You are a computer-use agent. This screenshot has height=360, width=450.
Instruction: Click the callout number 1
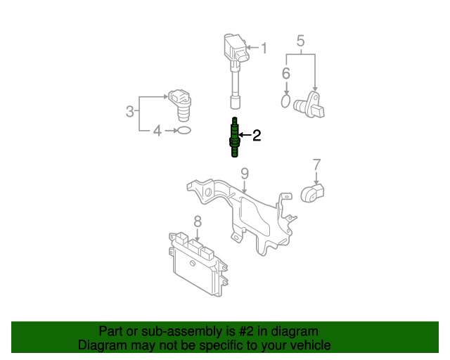pyautogui.click(x=264, y=48)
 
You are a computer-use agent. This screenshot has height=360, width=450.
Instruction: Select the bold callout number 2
pyautogui.click(x=257, y=135)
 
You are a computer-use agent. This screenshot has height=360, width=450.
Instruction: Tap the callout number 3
pyautogui.click(x=129, y=111)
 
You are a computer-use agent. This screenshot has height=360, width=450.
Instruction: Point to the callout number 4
pyautogui.click(x=157, y=131)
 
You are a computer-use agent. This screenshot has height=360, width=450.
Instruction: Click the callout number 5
pyautogui.click(x=300, y=41)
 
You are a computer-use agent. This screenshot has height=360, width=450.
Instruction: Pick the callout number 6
pyautogui.click(x=286, y=73)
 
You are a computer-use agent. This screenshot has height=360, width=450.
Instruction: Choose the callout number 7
pyautogui.click(x=316, y=165)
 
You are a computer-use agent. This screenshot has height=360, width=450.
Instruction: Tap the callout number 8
pyautogui.click(x=198, y=221)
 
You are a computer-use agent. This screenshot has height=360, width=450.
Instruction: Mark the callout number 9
pyautogui.click(x=245, y=174)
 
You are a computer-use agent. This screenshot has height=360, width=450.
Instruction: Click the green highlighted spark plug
pyautogui.click(x=234, y=137)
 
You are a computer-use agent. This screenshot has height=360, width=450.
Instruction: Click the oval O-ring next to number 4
pyautogui.click(x=184, y=131)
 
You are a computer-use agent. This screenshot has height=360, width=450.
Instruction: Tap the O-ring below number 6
pyautogui.click(x=285, y=101)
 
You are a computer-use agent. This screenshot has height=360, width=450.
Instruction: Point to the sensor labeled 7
pyautogui.click(x=312, y=193)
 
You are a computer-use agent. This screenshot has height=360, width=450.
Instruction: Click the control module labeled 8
pyautogui.click(x=198, y=264)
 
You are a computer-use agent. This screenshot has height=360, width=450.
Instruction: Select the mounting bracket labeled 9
pyautogui.click(x=241, y=216)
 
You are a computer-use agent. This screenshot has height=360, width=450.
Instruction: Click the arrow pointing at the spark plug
pyautogui.click(x=245, y=134)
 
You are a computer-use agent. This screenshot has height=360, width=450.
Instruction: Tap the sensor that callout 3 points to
pyautogui.click(x=181, y=105)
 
